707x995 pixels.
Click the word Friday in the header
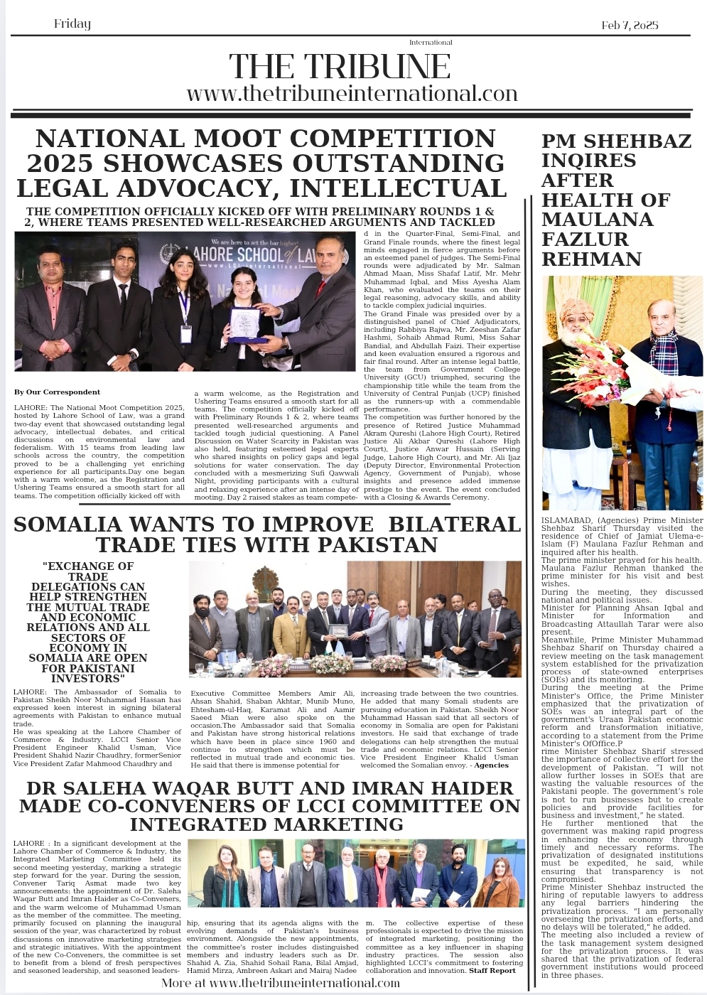tap(72, 24)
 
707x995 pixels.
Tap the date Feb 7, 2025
tap(630, 25)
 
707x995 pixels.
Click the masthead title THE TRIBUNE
tap(340, 67)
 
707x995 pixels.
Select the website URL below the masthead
tap(352, 93)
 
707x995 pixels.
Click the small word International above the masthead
tap(431, 43)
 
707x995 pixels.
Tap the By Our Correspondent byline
tap(57, 392)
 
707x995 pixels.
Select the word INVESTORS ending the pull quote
tap(88, 678)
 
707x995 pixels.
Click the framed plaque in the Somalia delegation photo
tap(339, 630)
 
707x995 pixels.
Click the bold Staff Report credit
tap(492, 970)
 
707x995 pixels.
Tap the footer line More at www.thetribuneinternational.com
tap(281, 983)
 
